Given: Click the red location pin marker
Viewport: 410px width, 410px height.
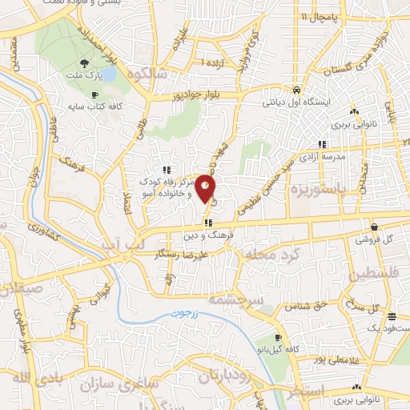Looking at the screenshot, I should click(206, 187).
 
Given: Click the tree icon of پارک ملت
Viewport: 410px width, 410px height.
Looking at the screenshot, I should click(85, 62).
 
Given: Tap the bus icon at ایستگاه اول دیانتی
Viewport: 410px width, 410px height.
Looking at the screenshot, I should click(297, 90).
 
